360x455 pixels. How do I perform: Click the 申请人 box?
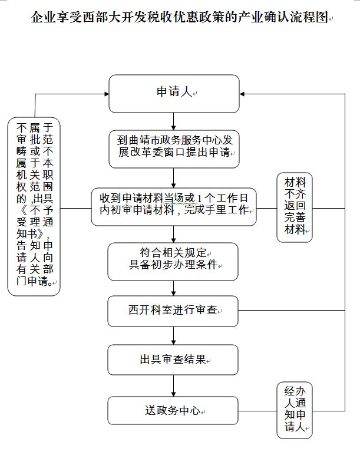coord(173,93)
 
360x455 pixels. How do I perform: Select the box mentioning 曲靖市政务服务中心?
coord(173,148)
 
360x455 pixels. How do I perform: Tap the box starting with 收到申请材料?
coord(173,206)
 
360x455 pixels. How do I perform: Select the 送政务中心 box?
coord(173,411)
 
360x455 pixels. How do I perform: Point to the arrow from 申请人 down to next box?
coord(173,120)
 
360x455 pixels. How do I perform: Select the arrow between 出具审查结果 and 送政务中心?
coord(173,385)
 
